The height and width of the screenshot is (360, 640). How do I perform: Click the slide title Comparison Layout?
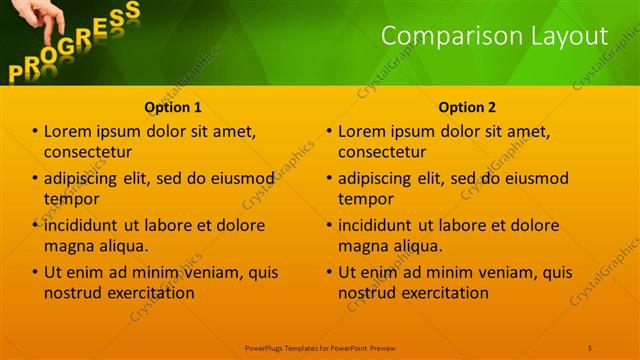[x=495, y=37]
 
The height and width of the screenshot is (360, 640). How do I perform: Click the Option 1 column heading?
[x=173, y=107]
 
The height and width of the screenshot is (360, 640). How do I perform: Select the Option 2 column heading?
[x=466, y=107]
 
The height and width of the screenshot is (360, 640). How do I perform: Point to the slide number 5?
[x=590, y=347]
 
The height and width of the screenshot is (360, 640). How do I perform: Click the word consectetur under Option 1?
[x=88, y=152]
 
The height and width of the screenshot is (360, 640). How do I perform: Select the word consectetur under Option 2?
[x=382, y=152]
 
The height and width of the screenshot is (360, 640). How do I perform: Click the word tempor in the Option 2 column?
[x=366, y=199]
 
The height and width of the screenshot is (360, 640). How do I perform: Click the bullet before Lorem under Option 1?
[x=35, y=131]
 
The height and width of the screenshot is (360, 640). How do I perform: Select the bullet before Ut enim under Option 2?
[x=329, y=272]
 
